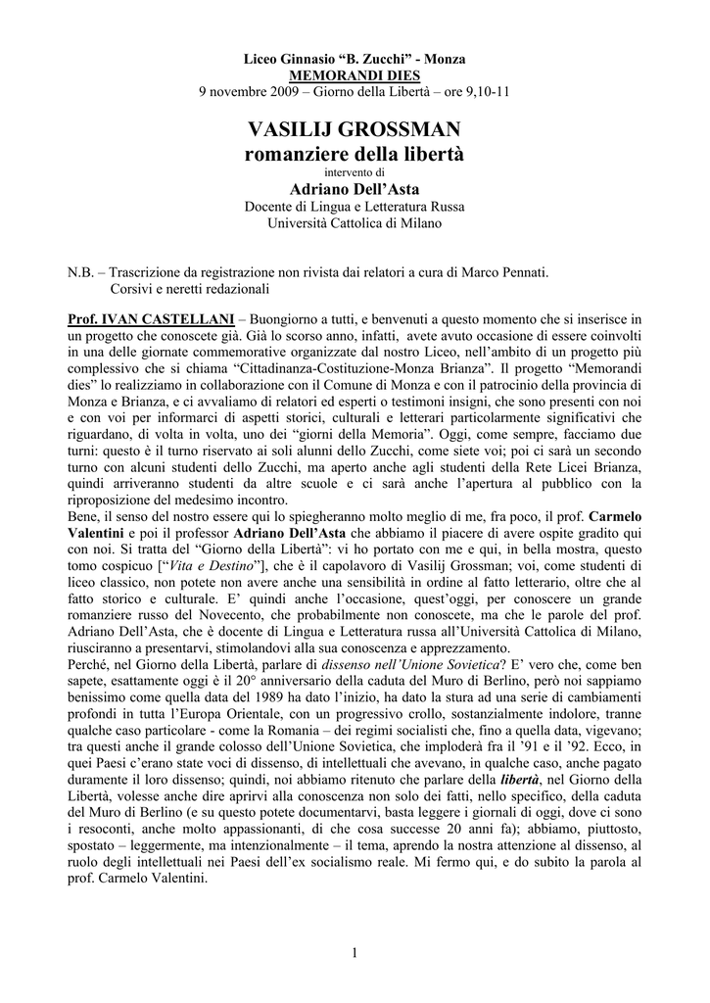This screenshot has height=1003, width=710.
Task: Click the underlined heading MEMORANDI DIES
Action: [355, 75]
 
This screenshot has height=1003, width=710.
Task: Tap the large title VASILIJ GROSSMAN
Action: [355, 129]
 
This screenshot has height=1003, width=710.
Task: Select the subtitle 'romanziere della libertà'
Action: [355, 154]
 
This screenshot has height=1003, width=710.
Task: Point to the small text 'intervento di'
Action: [355, 173]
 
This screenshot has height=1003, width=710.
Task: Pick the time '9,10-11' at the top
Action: [485, 91]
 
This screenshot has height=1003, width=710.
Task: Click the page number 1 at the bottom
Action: [355, 952]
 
